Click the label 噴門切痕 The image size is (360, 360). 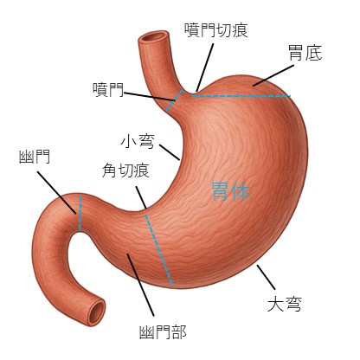216,30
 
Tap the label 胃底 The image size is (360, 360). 305,53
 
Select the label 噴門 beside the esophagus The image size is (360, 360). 108,90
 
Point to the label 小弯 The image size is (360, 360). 138,141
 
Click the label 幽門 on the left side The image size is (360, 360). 35,157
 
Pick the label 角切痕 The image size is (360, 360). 125,170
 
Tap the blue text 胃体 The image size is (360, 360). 231,191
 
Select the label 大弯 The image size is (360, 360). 285,305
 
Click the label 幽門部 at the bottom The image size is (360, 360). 163,332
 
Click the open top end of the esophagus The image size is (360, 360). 153,37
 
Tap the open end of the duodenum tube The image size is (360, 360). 97,312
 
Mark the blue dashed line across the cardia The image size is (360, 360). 175,100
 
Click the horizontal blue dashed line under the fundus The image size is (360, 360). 241,96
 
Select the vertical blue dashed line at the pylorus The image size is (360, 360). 80,213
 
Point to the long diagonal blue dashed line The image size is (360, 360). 158,249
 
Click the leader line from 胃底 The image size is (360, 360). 273,75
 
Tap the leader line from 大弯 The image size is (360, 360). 267,277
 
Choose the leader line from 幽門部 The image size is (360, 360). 140,285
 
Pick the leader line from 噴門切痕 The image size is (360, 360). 205,67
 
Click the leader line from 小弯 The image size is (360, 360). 170,152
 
